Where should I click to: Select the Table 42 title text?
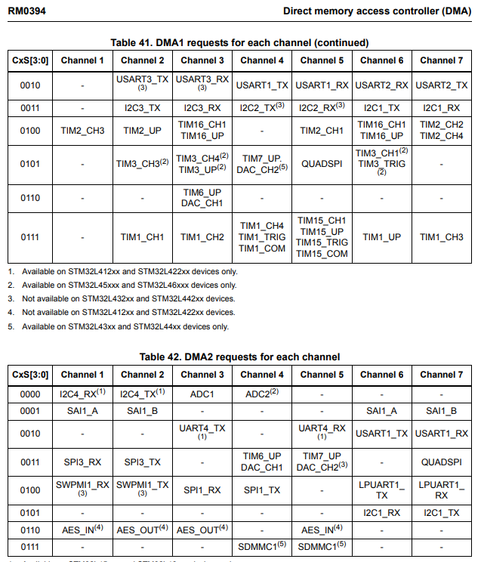[239, 357]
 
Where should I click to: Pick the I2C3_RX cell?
[202, 108]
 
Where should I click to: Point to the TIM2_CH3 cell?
[82, 130]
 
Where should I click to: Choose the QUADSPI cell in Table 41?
[322, 162]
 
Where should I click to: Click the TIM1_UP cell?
[381, 237]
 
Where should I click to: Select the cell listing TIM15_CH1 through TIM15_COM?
[322, 237]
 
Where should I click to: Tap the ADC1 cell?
[202, 393]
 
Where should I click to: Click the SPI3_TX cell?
[142, 462]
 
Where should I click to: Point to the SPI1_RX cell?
[202, 490]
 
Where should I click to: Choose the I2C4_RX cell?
[82, 393]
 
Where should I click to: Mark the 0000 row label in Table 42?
[30, 393]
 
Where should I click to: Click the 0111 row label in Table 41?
[30, 237]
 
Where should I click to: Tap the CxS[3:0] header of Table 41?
[30, 60]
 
